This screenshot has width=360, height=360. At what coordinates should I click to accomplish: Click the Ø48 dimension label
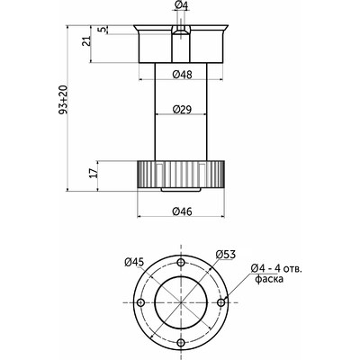[x=183, y=75]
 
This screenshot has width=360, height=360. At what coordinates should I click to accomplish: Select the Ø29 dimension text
[x=182, y=109]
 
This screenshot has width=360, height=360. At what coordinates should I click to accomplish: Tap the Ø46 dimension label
[x=182, y=211]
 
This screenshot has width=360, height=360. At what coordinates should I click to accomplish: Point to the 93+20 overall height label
[x=63, y=99]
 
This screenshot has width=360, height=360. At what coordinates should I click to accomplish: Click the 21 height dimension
[x=86, y=40]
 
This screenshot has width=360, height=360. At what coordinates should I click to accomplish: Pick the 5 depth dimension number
[x=103, y=30]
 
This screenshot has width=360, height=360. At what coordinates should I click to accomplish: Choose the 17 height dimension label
[x=94, y=173]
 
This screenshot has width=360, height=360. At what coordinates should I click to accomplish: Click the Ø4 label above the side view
[x=182, y=5]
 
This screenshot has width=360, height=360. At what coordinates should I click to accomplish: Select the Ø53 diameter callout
[x=226, y=255]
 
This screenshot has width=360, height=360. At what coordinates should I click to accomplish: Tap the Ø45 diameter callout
[x=134, y=262]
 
